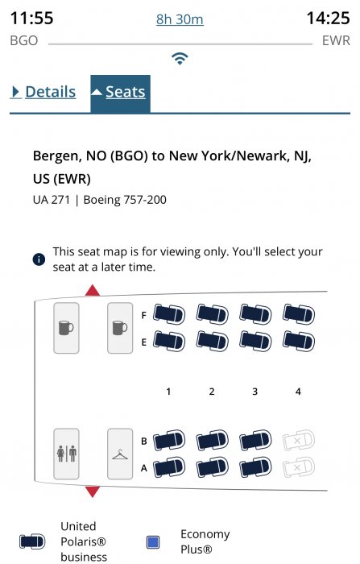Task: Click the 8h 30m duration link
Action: point(180,19)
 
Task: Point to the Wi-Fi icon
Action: point(180,58)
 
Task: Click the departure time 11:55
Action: point(31,18)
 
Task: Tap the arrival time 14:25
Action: point(328,18)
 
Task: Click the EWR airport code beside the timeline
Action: point(336,40)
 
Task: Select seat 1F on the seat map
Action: point(169,314)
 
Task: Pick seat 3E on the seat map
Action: point(255,341)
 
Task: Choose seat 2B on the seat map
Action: point(212,440)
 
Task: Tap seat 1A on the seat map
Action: point(169,467)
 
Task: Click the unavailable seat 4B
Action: point(299,440)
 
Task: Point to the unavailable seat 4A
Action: point(299,467)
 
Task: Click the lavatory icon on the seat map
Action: point(67,454)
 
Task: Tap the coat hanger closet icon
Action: point(120,454)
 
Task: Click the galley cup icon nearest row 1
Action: point(120,328)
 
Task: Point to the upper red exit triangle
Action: point(93,290)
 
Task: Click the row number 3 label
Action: point(255,392)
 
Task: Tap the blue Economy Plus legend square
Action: point(153,542)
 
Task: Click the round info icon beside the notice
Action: point(39,259)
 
